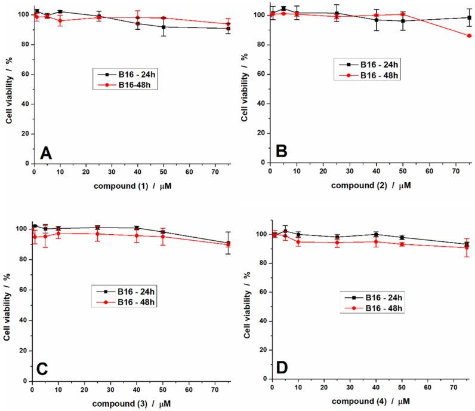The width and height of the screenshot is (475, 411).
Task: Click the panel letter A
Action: [47, 152]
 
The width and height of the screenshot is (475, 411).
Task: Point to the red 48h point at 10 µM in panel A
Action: [60, 20]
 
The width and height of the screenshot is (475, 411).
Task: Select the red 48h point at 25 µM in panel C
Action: [97, 234]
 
